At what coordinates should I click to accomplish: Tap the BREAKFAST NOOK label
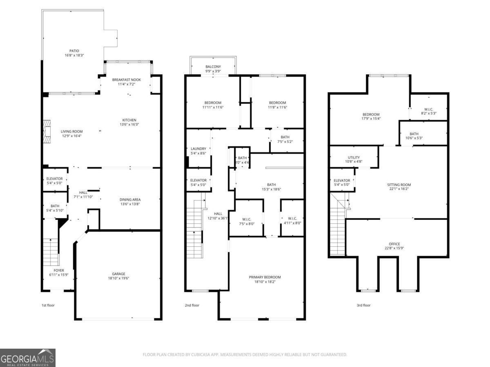click(x=127, y=80)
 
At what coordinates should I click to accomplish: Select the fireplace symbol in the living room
click(x=48, y=131)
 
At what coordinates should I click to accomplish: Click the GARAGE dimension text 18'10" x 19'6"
click(x=119, y=279)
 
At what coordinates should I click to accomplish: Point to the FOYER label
click(x=59, y=270)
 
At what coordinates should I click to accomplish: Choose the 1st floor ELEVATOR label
click(x=54, y=179)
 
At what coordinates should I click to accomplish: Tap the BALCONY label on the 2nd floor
click(x=213, y=67)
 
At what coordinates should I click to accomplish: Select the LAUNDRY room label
click(x=198, y=149)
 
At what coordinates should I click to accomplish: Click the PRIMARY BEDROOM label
click(x=265, y=277)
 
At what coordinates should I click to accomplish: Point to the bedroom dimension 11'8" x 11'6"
click(x=277, y=107)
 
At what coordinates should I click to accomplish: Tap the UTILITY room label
click(x=354, y=157)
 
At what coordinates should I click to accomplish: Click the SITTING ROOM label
click(x=399, y=185)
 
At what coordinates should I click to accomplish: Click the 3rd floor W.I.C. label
click(x=429, y=109)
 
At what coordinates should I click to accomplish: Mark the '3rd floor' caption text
click(x=363, y=305)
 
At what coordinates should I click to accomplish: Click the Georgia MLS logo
click(x=28, y=358)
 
